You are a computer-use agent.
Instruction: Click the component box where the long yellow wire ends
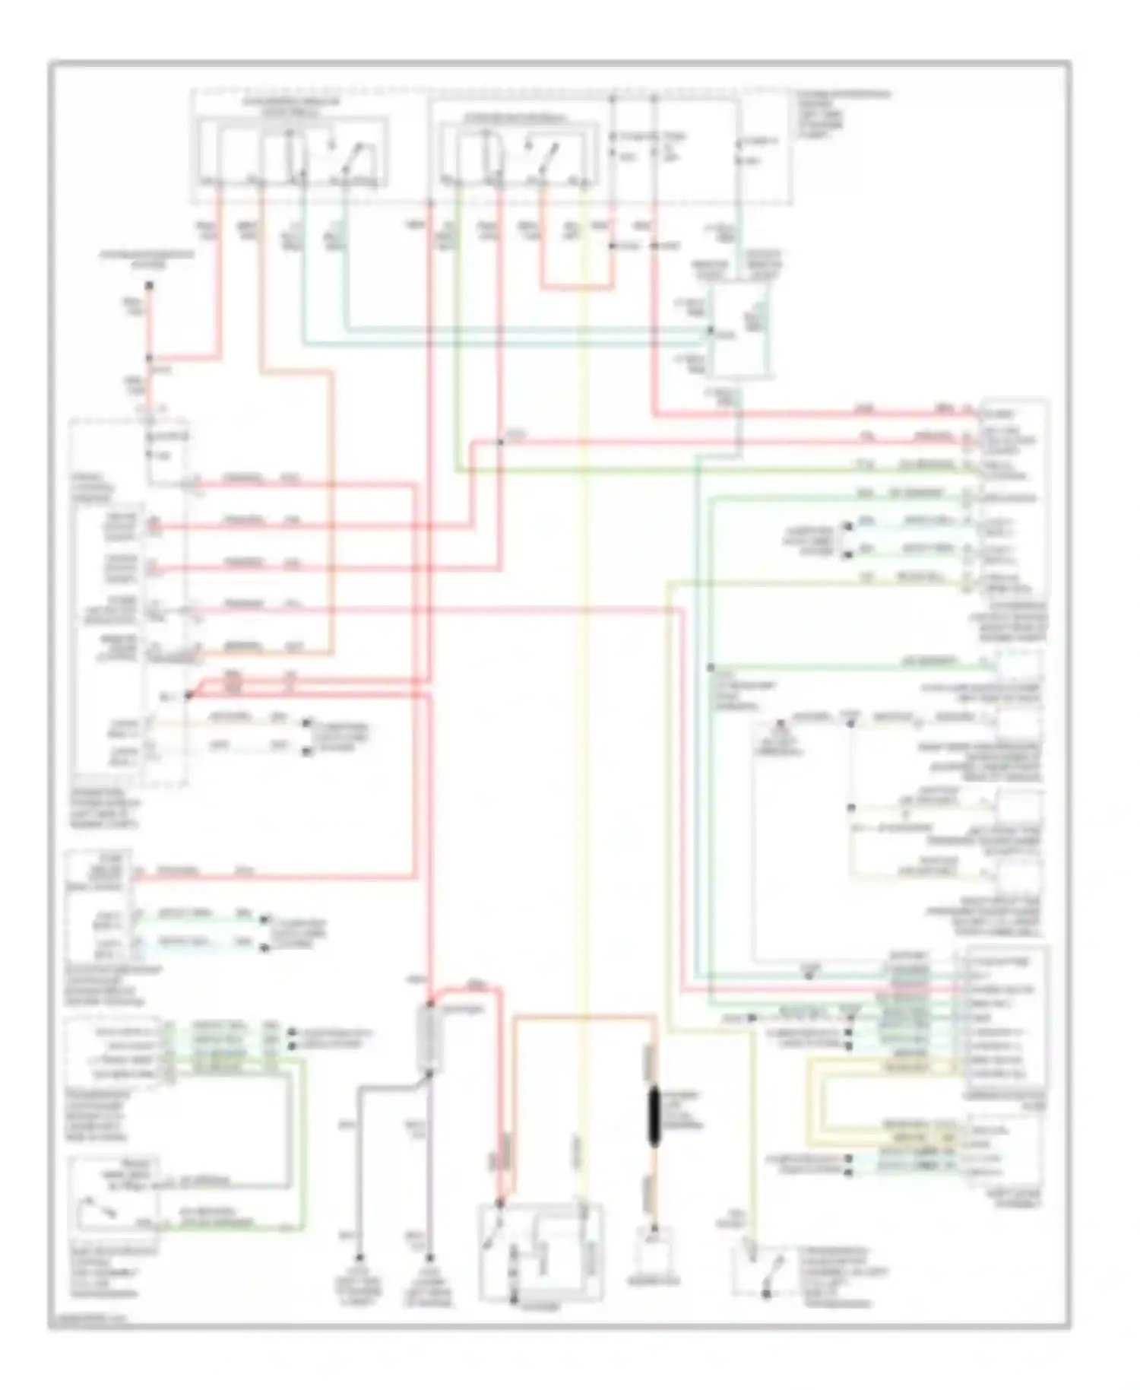coord(540,1252)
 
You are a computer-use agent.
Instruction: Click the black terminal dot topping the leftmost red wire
coord(150,286)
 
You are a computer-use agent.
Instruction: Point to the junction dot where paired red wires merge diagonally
coord(188,694)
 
